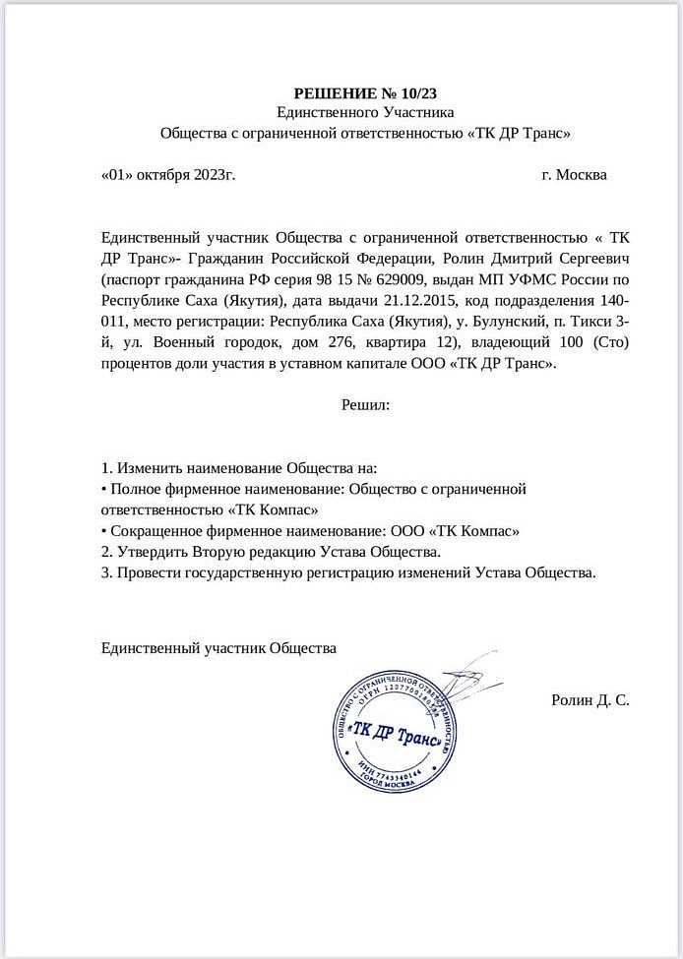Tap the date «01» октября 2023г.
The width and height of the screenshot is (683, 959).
[168, 175]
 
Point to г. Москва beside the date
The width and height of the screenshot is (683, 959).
[574, 175]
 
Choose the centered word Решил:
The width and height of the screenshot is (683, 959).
[365, 403]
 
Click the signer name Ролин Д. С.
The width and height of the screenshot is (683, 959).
[590, 700]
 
